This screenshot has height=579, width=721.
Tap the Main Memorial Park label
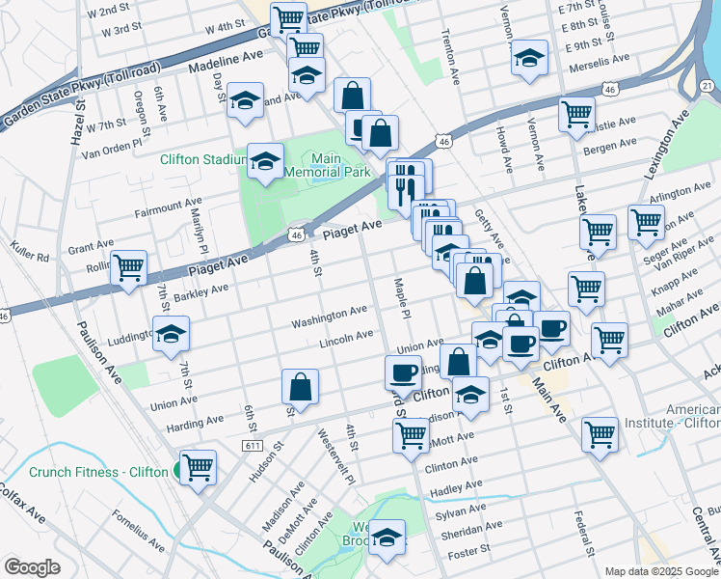(x=340, y=165)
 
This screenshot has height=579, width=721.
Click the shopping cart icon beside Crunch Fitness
(x=198, y=468)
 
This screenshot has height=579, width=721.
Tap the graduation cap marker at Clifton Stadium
(x=265, y=162)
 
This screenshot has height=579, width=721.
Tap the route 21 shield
(x=707, y=87)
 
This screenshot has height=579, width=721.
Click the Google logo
(x=32, y=567)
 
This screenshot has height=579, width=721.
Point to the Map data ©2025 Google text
(x=661, y=571)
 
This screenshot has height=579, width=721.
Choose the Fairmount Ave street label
(x=169, y=206)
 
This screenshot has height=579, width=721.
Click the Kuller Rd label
(x=30, y=258)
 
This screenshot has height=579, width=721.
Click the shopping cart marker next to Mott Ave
(x=411, y=435)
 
